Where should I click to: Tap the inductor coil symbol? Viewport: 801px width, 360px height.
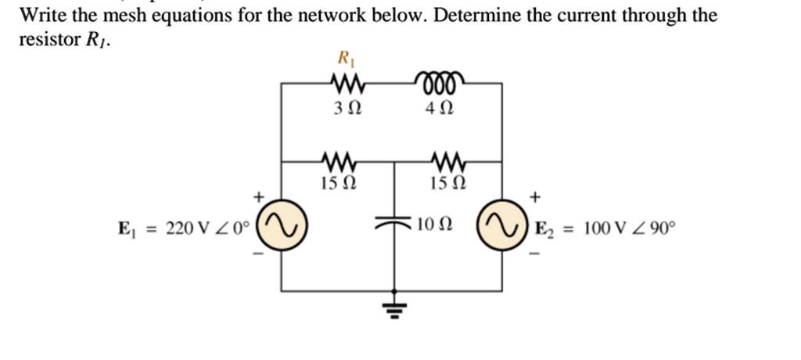click(441, 81)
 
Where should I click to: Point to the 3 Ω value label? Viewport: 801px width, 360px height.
click(343, 110)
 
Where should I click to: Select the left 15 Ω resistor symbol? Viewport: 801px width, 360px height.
click(339, 162)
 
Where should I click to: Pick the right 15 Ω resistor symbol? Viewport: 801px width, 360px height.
click(448, 162)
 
